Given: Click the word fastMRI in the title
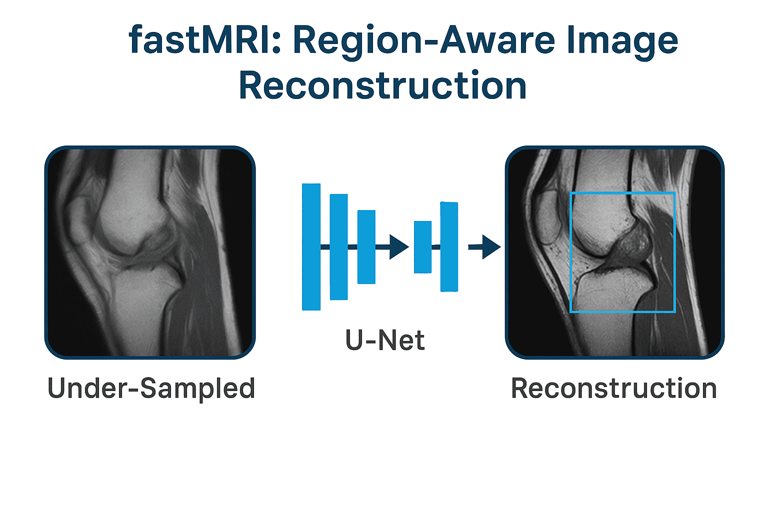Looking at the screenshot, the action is pyautogui.click(x=204, y=40).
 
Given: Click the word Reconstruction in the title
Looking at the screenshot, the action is pyautogui.click(x=382, y=84).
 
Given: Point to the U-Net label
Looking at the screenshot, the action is pyautogui.click(x=385, y=340).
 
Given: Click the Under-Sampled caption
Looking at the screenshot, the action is pyautogui.click(x=151, y=388).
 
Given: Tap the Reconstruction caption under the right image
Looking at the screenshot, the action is pyautogui.click(x=614, y=388).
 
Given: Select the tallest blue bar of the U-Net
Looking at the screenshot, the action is pyautogui.click(x=311, y=247).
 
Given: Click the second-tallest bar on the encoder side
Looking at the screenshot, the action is pyautogui.click(x=338, y=247).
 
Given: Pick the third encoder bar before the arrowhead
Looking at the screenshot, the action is pyautogui.click(x=366, y=247).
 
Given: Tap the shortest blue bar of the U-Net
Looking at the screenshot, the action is pyautogui.click(x=422, y=247).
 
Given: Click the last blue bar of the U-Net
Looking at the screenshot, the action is pyautogui.click(x=449, y=247).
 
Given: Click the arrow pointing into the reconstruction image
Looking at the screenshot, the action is pyautogui.click(x=484, y=247).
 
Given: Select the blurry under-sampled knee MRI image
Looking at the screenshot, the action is pyautogui.click(x=150, y=252).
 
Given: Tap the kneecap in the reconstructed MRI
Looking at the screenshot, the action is pyautogui.click(x=548, y=217).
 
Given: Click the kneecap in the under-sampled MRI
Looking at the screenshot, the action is pyautogui.click(x=79, y=219).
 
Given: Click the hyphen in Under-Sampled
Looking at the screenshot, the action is pyautogui.click(x=134, y=389).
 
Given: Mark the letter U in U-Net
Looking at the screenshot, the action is pyautogui.click(x=354, y=340).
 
